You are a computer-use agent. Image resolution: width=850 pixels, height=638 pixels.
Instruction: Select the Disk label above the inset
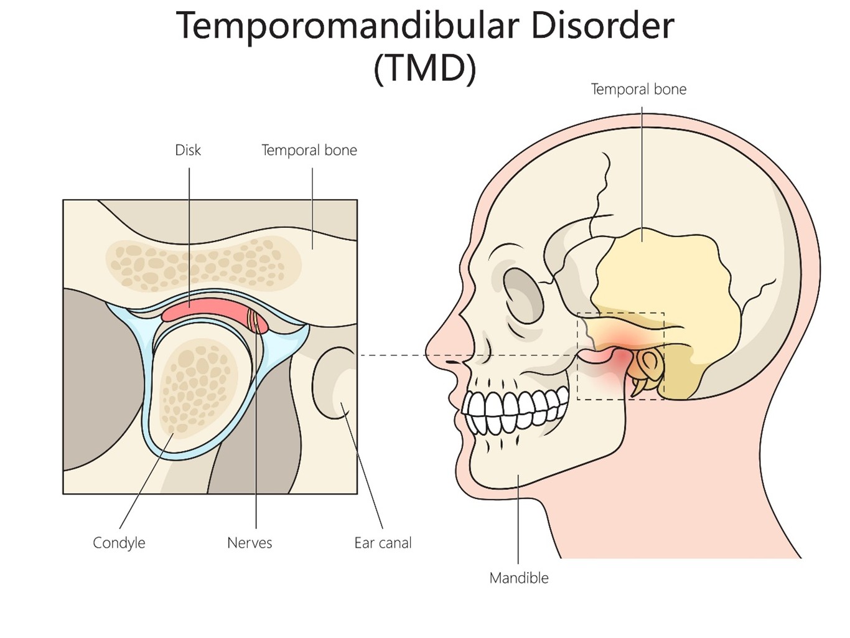point(188,150)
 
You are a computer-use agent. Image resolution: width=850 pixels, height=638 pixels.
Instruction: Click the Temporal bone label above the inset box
point(309,150)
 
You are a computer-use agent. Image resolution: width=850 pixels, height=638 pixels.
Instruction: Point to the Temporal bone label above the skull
point(638,89)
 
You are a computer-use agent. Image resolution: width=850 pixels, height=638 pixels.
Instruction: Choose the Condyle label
point(119,543)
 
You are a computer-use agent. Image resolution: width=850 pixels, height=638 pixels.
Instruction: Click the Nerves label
point(250,543)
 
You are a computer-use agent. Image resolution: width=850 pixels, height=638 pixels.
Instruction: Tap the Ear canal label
point(383,543)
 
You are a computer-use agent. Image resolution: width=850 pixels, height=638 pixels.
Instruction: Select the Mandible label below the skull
point(519,578)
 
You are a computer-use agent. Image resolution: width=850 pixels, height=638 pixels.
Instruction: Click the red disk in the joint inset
point(205,309)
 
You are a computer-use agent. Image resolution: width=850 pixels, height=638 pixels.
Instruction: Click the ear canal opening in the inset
point(336,383)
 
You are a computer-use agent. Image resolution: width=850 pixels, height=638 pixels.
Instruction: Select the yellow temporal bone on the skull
point(666,280)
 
